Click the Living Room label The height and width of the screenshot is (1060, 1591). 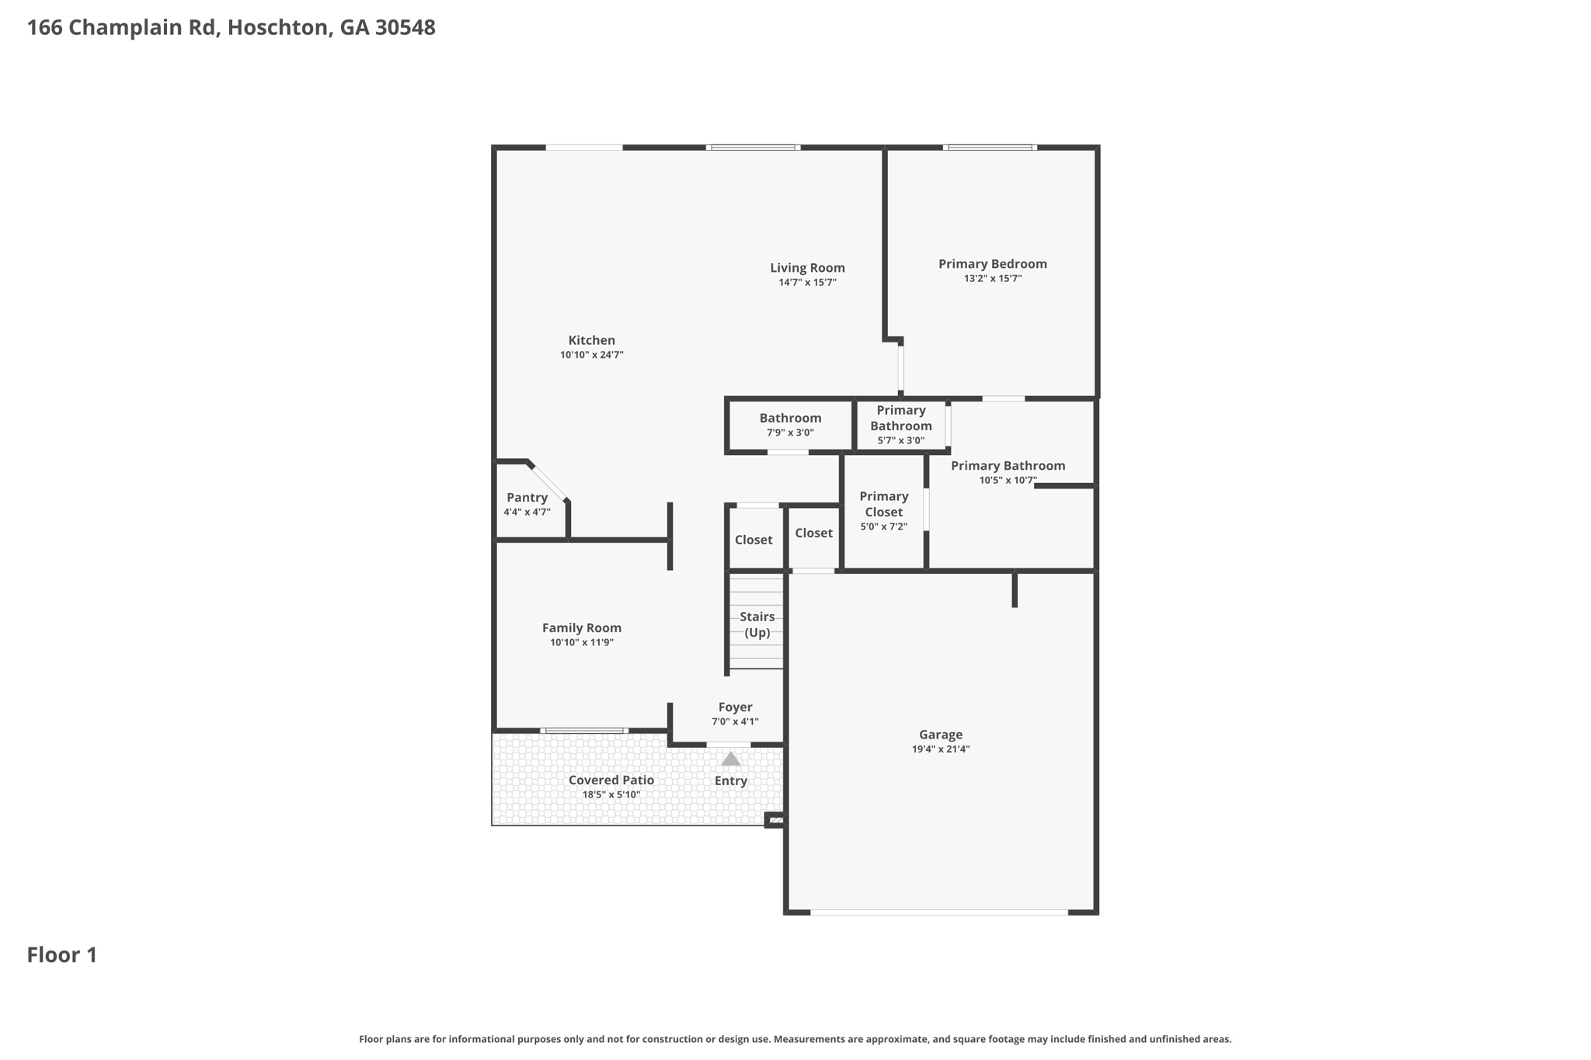click(x=807, y=268)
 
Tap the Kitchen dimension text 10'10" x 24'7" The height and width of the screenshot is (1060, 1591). click(x=591, y=355)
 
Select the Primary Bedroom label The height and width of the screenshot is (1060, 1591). click(x=992, y=264)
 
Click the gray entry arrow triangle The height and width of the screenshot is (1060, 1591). click(x=730, y=759)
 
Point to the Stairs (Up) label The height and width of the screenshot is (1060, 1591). click(x=757, y=624)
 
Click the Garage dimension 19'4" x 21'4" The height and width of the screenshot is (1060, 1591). click(x=940, y=749)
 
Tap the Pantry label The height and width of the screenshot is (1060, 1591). click(x=527, y=498)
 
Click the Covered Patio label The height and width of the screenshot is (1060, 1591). click(x=611, y=780)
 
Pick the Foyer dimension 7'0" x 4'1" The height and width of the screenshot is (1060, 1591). click(x=735, y=721)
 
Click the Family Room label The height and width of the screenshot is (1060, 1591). click(x=581, y=628)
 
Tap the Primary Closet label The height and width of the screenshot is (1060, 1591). click(x=883, y=504)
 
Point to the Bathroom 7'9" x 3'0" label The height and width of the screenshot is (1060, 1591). click(x=790, y=419)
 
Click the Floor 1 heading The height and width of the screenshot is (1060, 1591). click(x=62, y=955)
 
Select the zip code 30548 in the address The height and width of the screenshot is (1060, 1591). click(x=405, y=28)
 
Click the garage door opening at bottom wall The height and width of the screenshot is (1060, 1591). click(x=938, y=912)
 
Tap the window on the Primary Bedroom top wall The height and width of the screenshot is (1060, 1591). click(x=989, y=147)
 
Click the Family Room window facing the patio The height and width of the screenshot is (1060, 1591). click(x=584, y=731)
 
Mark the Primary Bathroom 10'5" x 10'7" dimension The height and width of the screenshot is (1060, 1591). click(x=1008, y=481)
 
